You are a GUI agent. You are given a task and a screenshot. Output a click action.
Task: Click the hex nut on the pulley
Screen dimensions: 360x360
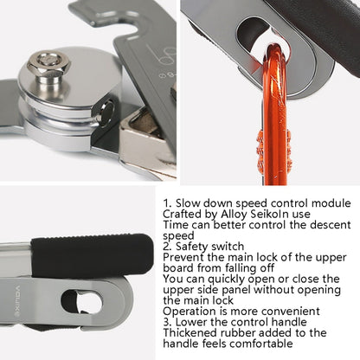click(48, 64)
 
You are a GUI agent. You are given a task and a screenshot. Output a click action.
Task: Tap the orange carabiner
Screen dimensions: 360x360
click(274, 115)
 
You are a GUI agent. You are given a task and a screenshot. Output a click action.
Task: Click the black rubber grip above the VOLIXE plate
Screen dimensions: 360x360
click(92, 255)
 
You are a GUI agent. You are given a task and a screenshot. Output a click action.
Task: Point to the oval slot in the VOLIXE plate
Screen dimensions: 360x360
click(81, 302)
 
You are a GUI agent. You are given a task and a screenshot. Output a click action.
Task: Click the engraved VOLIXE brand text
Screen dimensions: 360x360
click(17, 301)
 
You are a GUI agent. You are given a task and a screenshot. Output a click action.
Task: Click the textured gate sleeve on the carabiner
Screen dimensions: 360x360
click(261, 150)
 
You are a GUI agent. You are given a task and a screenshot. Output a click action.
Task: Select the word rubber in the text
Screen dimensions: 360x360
click(239, 332)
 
